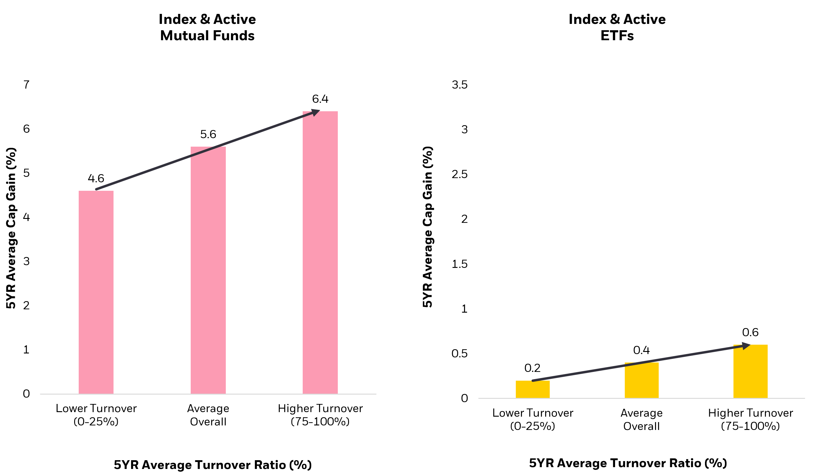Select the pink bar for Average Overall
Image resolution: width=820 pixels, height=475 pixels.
(x=208, y=270)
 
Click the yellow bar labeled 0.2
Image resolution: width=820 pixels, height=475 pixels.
(x=532, y=389)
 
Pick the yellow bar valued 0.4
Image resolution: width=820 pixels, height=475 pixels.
(x=641, y=380)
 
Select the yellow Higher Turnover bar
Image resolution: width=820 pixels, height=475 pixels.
(x=750, y=371)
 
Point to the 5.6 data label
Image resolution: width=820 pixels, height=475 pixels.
(x=208, y=134)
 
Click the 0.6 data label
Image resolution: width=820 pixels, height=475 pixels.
(x=750, y=332)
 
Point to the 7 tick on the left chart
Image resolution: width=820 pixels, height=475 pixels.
(x=26, y=85)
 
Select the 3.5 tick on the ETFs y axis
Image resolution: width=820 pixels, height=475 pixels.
(x=459, y=85)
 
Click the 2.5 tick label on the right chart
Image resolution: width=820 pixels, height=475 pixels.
(x=459, y=174)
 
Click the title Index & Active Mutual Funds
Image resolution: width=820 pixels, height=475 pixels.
(x=207, y=27)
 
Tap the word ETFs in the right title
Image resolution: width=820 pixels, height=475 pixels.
(x=617, y=36)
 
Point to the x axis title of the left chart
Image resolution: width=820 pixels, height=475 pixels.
(x=212, y=465)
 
